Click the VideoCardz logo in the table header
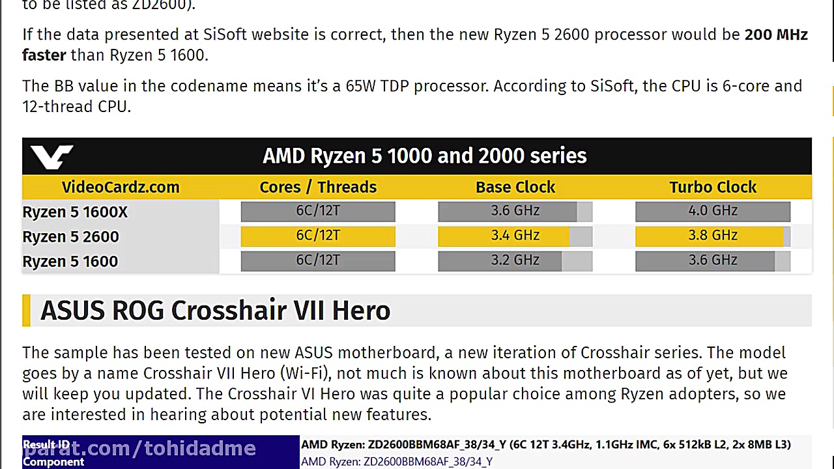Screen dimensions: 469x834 pyautogui.click(x=51, y=156)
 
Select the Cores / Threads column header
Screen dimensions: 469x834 pyautogui.click(x=318, y=187)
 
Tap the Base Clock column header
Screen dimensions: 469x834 pyautogui.click(x=515, y=187)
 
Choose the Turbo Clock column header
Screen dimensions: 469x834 pyautogui.click(x=713, y=187)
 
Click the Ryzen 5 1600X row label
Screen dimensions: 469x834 pyautogui.click(x=75, y=212)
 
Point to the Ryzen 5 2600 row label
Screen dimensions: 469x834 pyautogui.click(x=70, y=237)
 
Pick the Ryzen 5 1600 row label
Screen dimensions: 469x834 pyautogui.click(x=70, y=262)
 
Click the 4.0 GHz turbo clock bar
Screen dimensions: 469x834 pyautogui.click(x=713, y=211)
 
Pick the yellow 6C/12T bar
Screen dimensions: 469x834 pyautogui.click(x=318, y=236)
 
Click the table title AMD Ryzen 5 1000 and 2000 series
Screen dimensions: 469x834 pyautogui.click(x=424, y=156)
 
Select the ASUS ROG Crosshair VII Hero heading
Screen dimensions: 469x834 pyautogui.click(x=215, y=311)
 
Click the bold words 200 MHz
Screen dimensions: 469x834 pyautogui.click(x=775, y=35)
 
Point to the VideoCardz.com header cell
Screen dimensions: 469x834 pyautogui.click(x=121, y=187)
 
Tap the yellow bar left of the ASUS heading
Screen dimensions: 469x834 pyautogui.click(x=26, y=311)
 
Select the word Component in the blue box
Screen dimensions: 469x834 pyautogui.click(x=53, y=462)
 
